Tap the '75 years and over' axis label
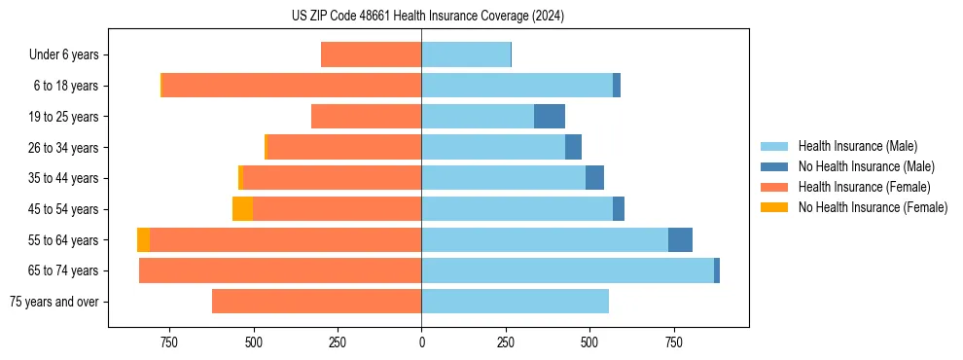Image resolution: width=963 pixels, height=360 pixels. (53, 302)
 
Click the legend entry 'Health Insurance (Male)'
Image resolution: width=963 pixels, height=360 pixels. (857, 146)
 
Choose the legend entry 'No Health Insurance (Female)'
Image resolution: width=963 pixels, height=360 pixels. (873, 207)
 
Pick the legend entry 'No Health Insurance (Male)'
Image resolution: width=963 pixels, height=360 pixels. (866, 166)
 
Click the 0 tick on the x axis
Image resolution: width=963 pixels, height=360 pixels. (421, 342)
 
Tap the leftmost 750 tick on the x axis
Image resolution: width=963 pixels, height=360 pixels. (169, 342)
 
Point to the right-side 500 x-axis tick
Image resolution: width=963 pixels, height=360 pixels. (589, 342)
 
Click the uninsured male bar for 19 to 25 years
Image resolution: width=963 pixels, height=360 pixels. (550, 117)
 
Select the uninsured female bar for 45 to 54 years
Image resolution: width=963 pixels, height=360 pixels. (242, 209)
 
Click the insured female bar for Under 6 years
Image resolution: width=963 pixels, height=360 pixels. (371, 55)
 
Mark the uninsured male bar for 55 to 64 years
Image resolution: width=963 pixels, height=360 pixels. (680, 240)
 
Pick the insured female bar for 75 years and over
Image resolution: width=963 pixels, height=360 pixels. (316, 302)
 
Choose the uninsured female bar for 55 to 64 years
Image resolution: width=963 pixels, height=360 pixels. (143, 240)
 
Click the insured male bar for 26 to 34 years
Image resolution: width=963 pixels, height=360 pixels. (493, 148)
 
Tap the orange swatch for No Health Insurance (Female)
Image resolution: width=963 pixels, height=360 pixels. (774, 207)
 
